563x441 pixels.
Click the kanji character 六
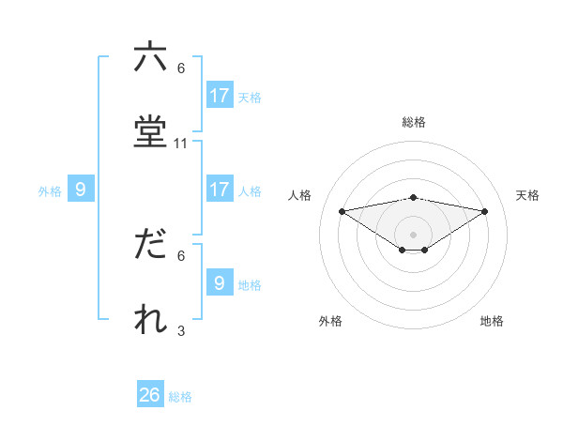pyautogui.click(x=150, y=57)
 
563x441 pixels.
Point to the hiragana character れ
pyautogui.click(x=150, y=319)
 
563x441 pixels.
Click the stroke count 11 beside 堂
pyautogui.click(x=181, y=144)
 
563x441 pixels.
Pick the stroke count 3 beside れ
pyautogui.click(x=181, y=330)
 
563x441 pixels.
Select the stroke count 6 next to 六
pyautogui.click(x=181, y=68)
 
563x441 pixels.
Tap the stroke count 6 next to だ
pyautogui.click(x=181, y=255)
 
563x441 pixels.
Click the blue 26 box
pyautogui.click(x=150, y=395)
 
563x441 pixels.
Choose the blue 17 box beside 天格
pyautogui.click(x=219, y=95)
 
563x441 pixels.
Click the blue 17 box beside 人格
pyautogui.click(x=219, y=189)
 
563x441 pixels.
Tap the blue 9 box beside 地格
pyautogui.click(x=219, y=282)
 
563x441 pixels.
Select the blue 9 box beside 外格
pyautogui.click(x=81, y=190)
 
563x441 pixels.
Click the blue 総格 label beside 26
pyautogui.click(x=180, y=397)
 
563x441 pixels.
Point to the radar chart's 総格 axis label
pyautogui.click(x=414, y=122)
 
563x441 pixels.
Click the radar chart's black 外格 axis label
pyautogui.click(x=330, y=321)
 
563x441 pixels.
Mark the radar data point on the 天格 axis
pyautogui.click(x=485, y=211)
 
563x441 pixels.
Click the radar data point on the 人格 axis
pyautogui.click(x=342, y=210)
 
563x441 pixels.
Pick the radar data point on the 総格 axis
pyautogui.click(x=414, y=197)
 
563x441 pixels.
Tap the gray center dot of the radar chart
pyautogui.click(x=414, y=234)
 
